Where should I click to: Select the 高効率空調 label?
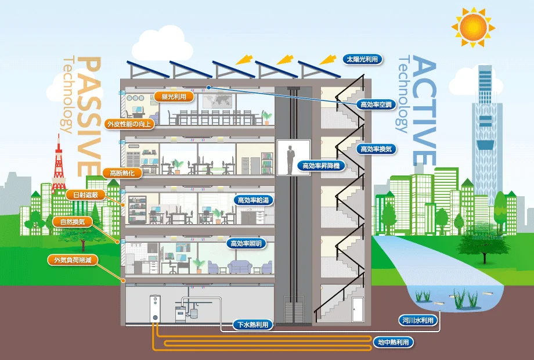pos(376,105)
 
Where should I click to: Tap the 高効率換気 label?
pos(376,149)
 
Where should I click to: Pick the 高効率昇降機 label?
pos(321,165)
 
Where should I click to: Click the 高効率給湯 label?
pos(252,200)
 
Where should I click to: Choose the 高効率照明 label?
pos(248,243)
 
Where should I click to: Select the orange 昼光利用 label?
pos(174,96)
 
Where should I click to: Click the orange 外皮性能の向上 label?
pos(129,124)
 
